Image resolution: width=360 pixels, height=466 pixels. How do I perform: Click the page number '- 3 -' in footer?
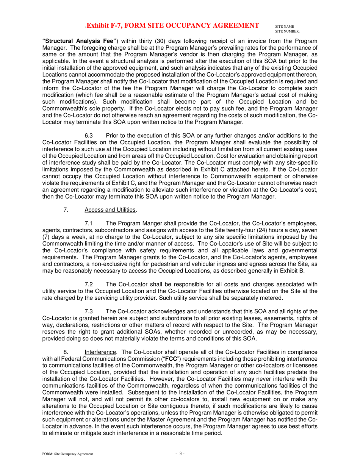point(180,453)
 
